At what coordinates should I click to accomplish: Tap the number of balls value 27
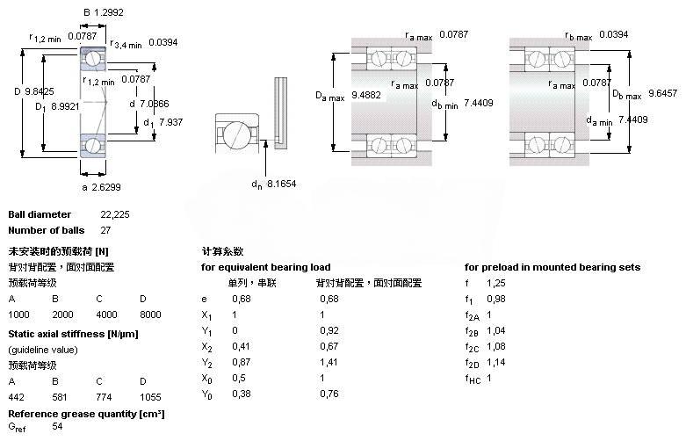82,230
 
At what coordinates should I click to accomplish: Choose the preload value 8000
150,314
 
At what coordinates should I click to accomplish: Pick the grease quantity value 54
58,426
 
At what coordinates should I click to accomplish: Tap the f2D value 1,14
496,362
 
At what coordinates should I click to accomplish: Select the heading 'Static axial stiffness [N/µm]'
73,334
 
